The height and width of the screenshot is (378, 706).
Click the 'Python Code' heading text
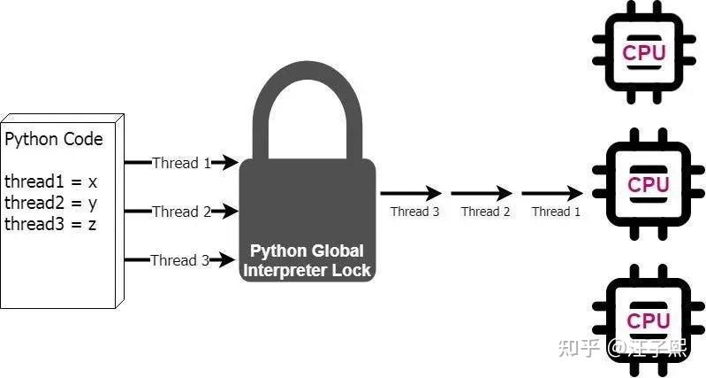(54, 139)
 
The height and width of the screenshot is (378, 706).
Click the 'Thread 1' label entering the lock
(181, 163)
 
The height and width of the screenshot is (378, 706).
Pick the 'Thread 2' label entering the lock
(181, 212)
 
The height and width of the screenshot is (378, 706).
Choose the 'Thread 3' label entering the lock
(180, 260)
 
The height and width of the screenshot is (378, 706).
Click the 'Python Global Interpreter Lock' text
(307, 260)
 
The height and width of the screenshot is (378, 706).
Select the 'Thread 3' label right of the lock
(415, 212)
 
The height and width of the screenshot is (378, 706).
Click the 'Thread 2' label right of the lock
(486, 212)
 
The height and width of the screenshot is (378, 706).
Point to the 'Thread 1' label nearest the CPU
(557, 212)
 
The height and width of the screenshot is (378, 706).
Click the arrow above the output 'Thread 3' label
(411, 192)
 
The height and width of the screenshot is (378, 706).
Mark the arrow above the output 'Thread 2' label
(482, 192)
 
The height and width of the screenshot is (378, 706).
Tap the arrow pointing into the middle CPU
(552, 192)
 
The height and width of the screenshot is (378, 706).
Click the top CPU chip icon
(643, 50)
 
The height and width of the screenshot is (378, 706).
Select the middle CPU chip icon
(648, 184)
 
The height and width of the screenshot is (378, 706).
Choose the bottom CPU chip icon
(648, 320)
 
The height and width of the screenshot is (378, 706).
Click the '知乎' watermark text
(580, 348)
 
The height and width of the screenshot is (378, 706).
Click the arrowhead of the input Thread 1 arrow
(232, 163)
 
